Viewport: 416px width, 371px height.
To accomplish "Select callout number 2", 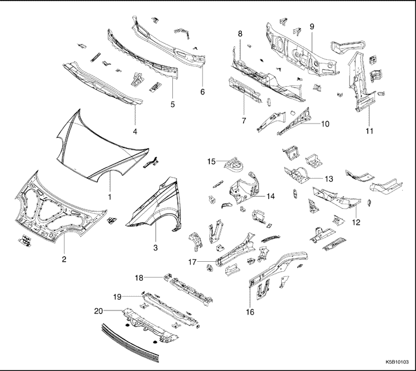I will [x=64, y=258].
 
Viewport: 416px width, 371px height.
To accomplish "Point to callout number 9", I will [x=311, y=27].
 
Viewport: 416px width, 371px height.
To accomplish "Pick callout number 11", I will [x=369, y=130].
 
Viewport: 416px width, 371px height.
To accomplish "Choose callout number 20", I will [x=99, y=310].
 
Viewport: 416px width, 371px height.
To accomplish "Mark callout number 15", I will [x=211, y=161].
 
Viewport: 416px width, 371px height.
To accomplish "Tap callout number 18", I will [x=138, y=277].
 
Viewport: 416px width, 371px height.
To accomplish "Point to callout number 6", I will [x=202, y=92].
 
